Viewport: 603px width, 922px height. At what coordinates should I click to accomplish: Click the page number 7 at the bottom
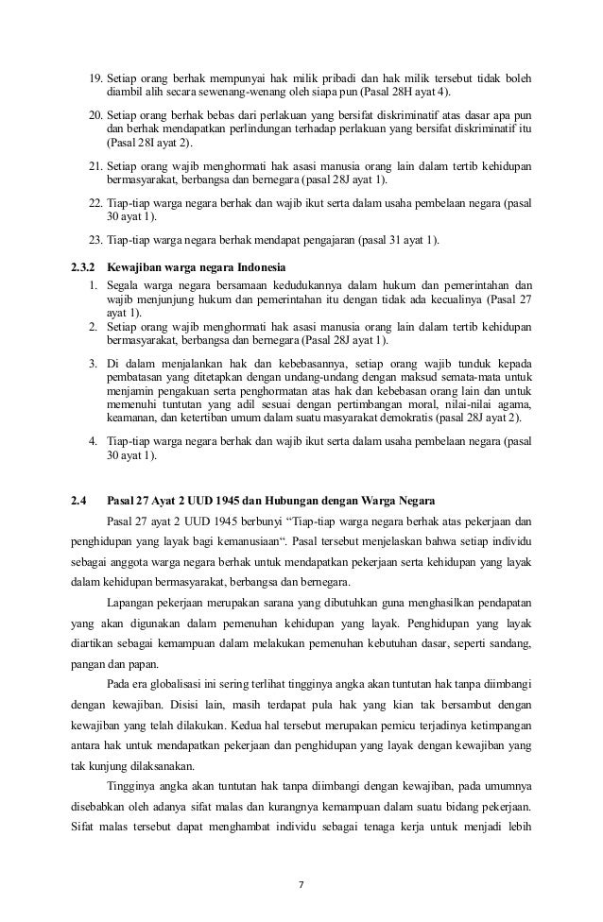(301, 883)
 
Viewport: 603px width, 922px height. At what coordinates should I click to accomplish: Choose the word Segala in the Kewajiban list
(124, 284)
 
